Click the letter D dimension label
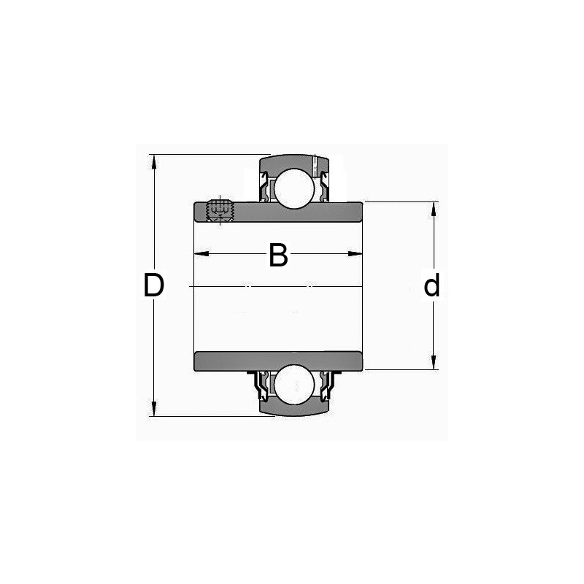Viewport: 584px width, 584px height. pos(153,285)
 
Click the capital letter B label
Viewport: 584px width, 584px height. pos(278,256)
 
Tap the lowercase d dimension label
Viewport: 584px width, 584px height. pos(432,286)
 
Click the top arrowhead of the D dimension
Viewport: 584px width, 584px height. pos(153,161)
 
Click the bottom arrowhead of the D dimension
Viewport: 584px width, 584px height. pos(153,410)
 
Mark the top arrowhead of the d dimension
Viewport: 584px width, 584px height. pos(434,208)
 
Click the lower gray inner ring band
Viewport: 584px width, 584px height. pos(277,361)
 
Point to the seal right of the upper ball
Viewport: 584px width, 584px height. pos(321,186)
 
